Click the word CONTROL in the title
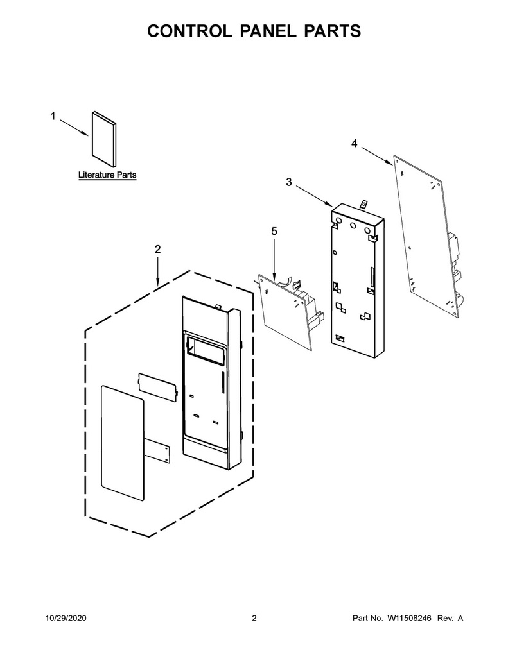[x=189, y=31]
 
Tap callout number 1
[x=53, y=116]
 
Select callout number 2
[x=157, y=250]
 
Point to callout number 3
[x=289, y=182]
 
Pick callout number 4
[x=355, y=144]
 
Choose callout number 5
[x=274, y=231]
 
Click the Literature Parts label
[x=107, y=175]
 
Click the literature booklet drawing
[x=103, y=139]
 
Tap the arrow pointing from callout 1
[x=74, y=128]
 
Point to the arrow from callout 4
[x=377, y=157]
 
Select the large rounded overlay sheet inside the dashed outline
[x=123, y=443]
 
